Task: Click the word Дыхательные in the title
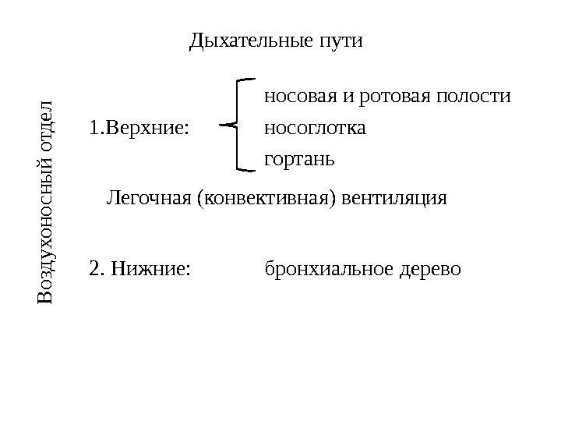[x=248, y=39]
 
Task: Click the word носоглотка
[x=316, y=126]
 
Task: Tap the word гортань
[x=299, y=160]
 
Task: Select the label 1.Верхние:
[x=139, y=126]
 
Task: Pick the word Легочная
[x=149, y=198]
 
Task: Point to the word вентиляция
[x=397, y=198]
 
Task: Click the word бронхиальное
[x=328, y=269]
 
